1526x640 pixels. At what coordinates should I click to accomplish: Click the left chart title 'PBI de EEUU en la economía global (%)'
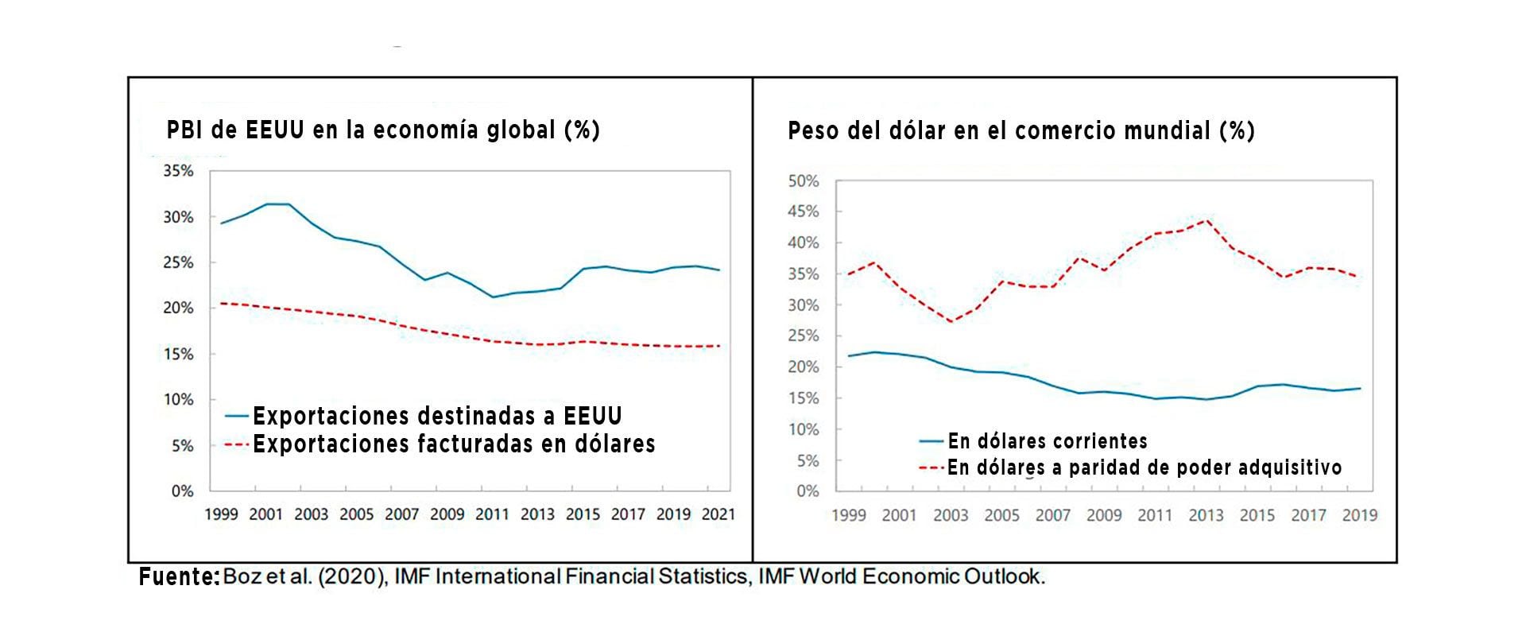pos(382,130)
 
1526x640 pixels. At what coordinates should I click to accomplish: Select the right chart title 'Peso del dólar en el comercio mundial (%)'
pos(1021,130)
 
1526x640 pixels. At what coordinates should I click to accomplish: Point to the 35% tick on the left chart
pos(178,171)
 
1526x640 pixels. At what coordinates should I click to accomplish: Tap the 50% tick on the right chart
pos(803,181)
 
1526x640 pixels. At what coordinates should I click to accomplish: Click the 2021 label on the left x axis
pos(718,514)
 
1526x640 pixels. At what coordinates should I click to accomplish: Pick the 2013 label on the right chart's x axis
pos(1206,515)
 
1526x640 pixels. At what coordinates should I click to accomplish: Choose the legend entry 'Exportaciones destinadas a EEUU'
pos(436,416)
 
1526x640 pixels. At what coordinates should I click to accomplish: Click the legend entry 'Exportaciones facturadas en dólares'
pos(453,444)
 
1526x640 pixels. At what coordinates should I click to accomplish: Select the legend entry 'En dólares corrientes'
pos(1047,441)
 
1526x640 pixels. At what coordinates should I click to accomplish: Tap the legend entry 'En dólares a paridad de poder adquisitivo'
pos(1144,467)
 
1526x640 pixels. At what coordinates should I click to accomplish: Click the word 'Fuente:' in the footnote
pos(179,577)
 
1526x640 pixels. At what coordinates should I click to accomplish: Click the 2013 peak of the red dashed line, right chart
pos(1207,219)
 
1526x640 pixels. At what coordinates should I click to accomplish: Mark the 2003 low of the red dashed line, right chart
pos(951,321)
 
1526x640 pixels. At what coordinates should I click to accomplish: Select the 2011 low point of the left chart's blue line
pos(493,297)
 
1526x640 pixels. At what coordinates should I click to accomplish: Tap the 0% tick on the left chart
pos(182,491)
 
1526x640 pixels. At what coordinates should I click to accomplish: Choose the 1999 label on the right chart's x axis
pos(848,515)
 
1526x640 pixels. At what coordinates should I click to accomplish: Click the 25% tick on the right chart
pos(803,336)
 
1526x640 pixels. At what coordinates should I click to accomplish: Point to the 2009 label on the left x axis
pos(447,514)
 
